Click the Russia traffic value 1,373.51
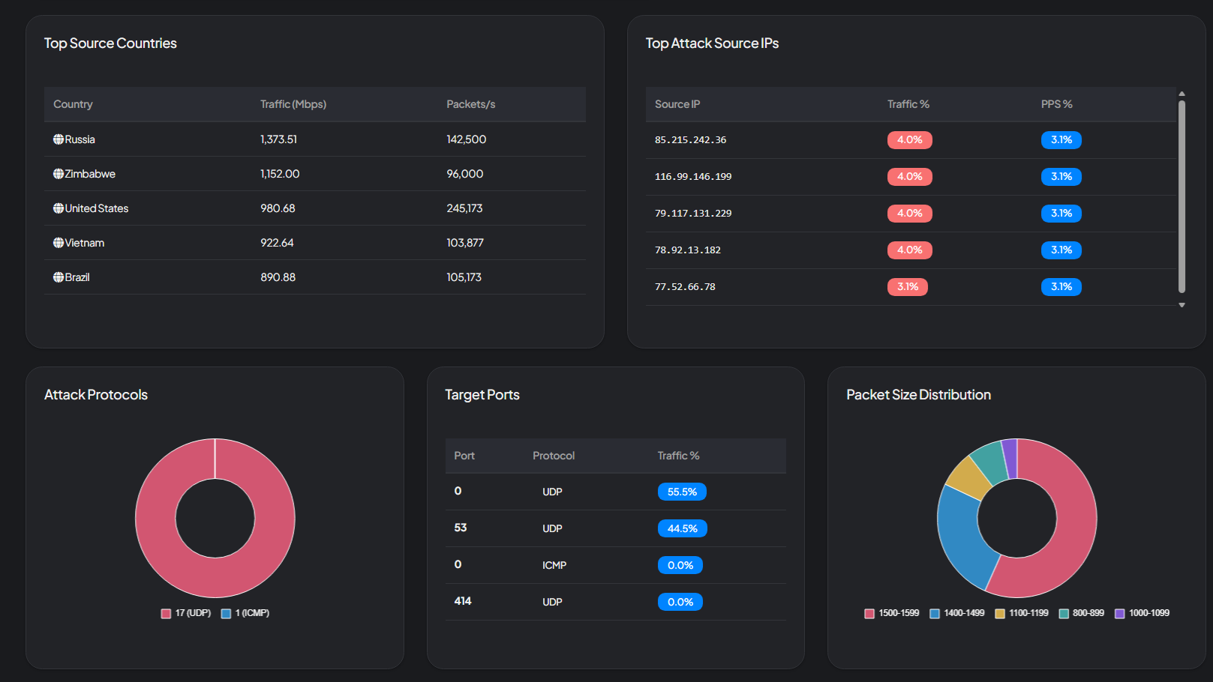(x=278, y=139)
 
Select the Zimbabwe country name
(x=90, y=174)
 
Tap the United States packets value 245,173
(x=464, y=208)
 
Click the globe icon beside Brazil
(x=58, y=277)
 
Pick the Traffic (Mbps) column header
(x=293, y=104)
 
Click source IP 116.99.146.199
(x=692, y=177)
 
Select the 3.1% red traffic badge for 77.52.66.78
(x=907, y=287)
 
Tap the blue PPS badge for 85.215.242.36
(x=1061, y=140)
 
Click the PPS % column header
(x=1056, y=104)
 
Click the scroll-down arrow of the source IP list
(x=1181, y=305)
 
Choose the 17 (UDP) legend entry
(x=186, y=613)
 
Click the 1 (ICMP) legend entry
(x=245, y=613)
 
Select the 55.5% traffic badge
(x=682, y=492)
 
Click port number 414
(x=462, y=601)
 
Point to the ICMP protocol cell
(x=554, y=565)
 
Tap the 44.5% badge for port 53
(x=682, y=528)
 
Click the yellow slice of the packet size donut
(x=967, y=477)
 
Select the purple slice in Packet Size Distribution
(x=1010, y=458)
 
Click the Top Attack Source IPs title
(x=712, y=43)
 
